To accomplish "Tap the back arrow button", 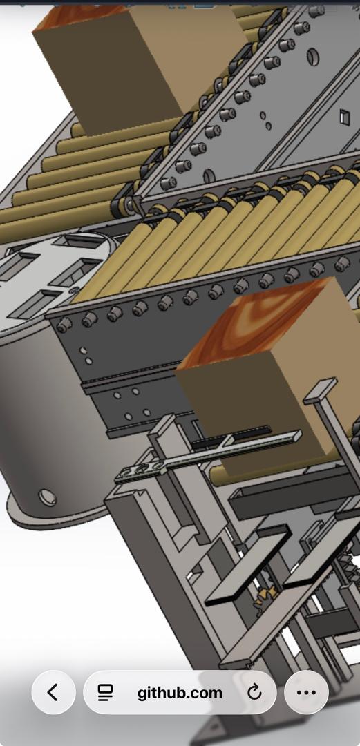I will coord(53,692).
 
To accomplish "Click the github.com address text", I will coord(180,693).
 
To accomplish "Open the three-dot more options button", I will coord(306,692).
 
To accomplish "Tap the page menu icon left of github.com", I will coord(105,693).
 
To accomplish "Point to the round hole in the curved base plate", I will coord(47,496).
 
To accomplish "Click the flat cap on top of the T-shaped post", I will coord(319,390).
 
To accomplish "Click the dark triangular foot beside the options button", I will coord(207,732).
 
